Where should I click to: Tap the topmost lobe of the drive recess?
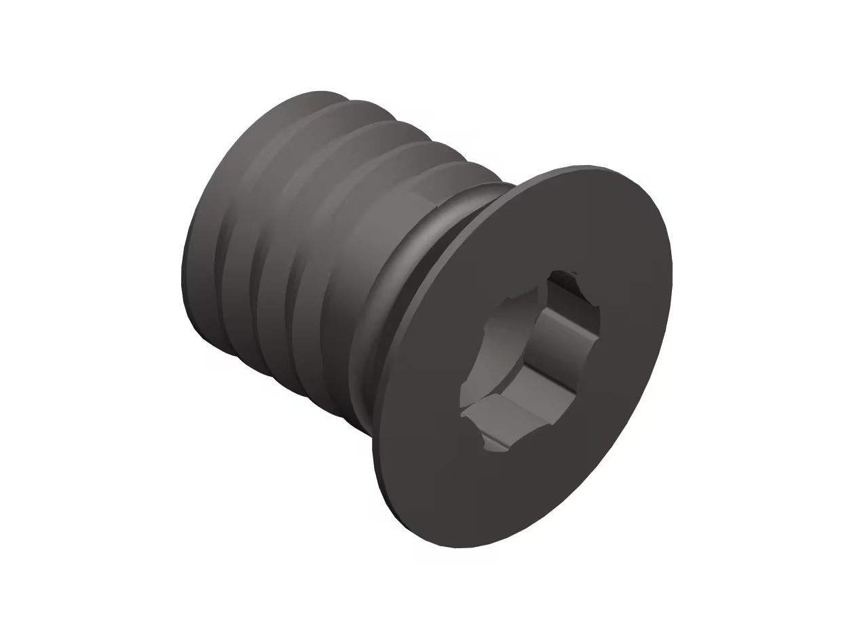coord(567,279)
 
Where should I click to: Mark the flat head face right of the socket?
coord(631,326)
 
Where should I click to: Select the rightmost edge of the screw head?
coord(671,272)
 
